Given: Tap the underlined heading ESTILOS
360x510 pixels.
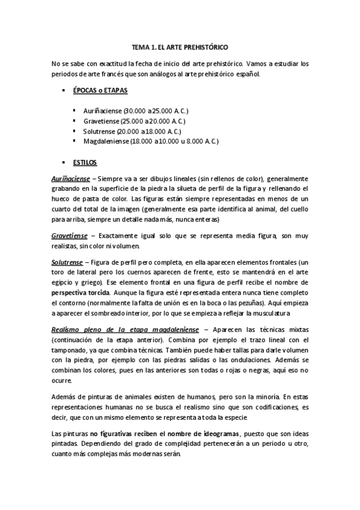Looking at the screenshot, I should pyautogui.click(x=84, y=162).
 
